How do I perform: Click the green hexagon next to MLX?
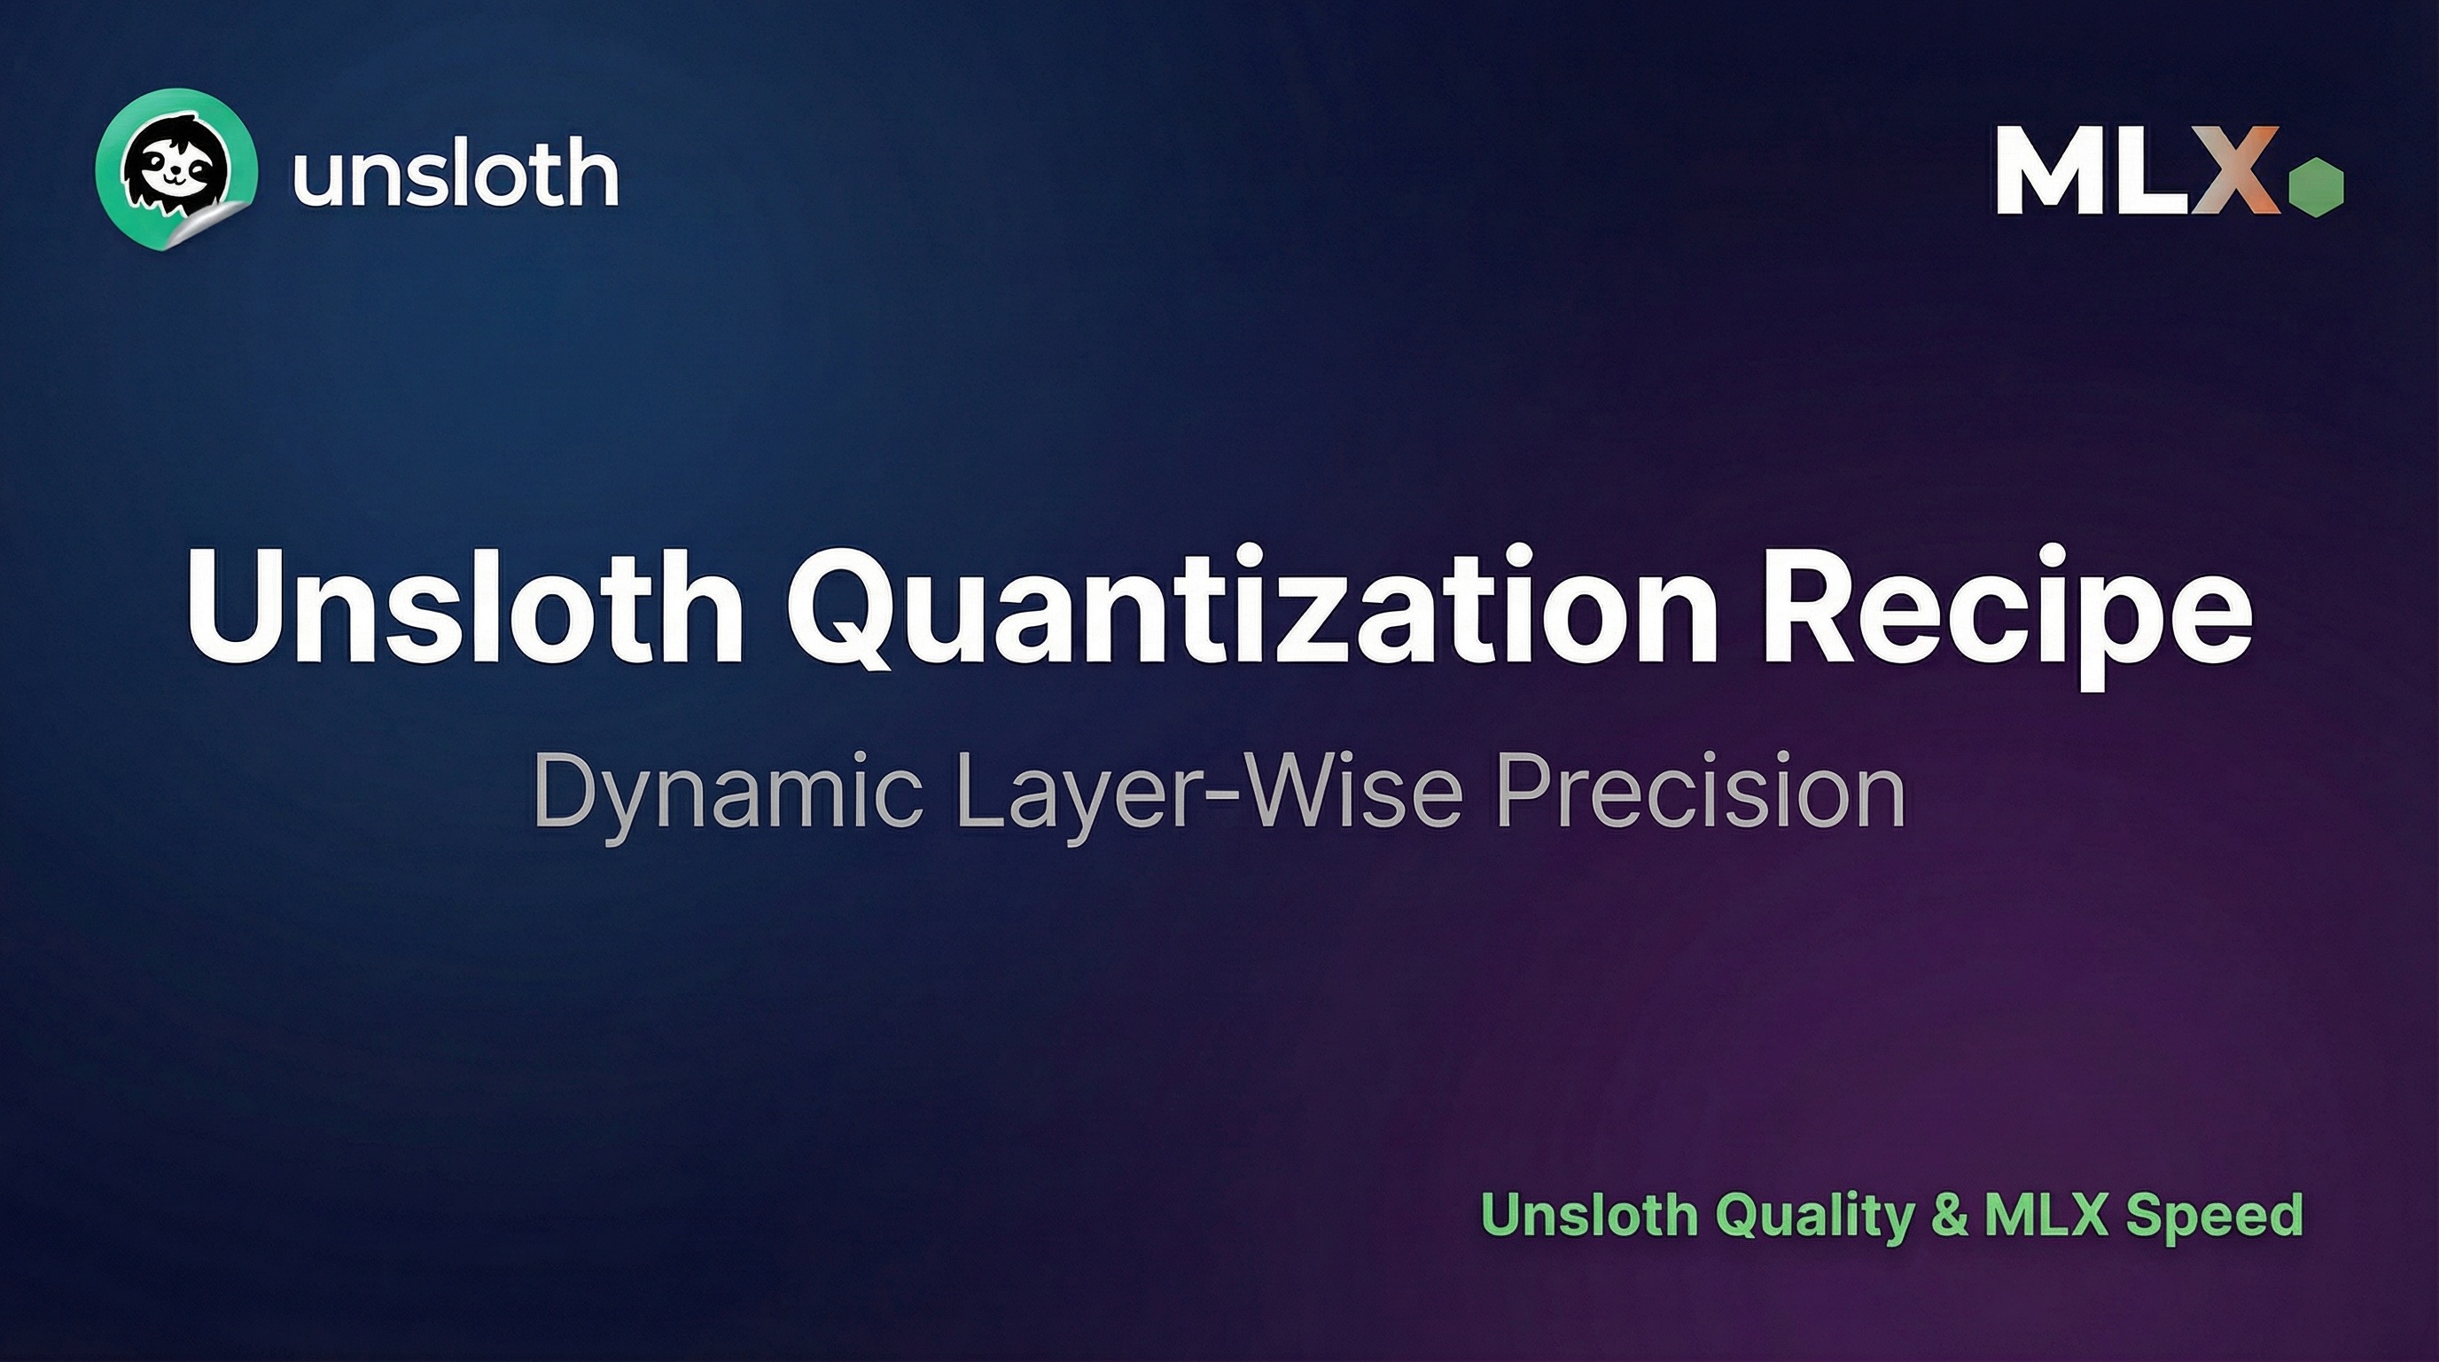click(x=2316, y=187)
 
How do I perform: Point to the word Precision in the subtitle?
click(x=1701, y=790)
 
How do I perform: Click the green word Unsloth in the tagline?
click(x=1590, y=1214)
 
